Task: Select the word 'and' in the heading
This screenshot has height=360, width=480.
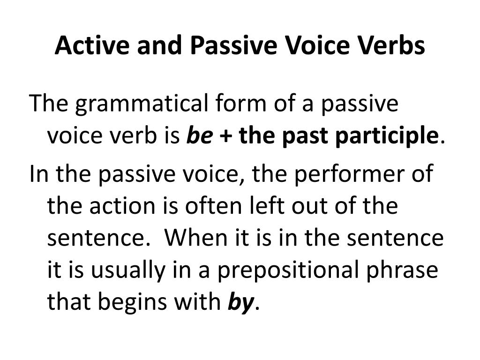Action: (x=159, y=45)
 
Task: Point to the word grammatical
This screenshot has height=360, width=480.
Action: (x=142, y=104)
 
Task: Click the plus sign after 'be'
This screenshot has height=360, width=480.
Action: (x=225, y=136)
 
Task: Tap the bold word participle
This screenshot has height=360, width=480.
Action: (x=387, y=136)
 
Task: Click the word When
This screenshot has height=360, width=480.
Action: (x=195, y=237)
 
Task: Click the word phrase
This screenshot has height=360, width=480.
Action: (x=402, y=270)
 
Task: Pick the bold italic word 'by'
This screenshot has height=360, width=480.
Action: (x=240, y=303)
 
